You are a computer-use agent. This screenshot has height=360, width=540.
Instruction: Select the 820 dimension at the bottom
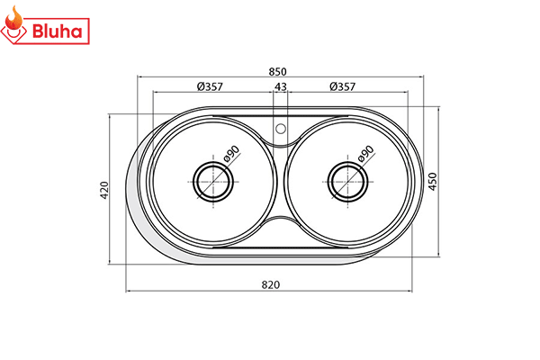tap(271, 284)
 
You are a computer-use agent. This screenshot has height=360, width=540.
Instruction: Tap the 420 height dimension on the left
tap(104, 189)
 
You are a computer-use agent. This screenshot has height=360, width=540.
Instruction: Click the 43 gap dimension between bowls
tap(281, 86)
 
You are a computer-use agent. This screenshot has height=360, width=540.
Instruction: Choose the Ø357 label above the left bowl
tap(209, 86)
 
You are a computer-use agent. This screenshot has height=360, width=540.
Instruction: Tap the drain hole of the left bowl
tap(214, 180)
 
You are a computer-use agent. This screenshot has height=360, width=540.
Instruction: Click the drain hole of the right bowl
tap(348, 180)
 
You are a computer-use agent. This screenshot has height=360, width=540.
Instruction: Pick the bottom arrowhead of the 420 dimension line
tap(110, 262)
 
